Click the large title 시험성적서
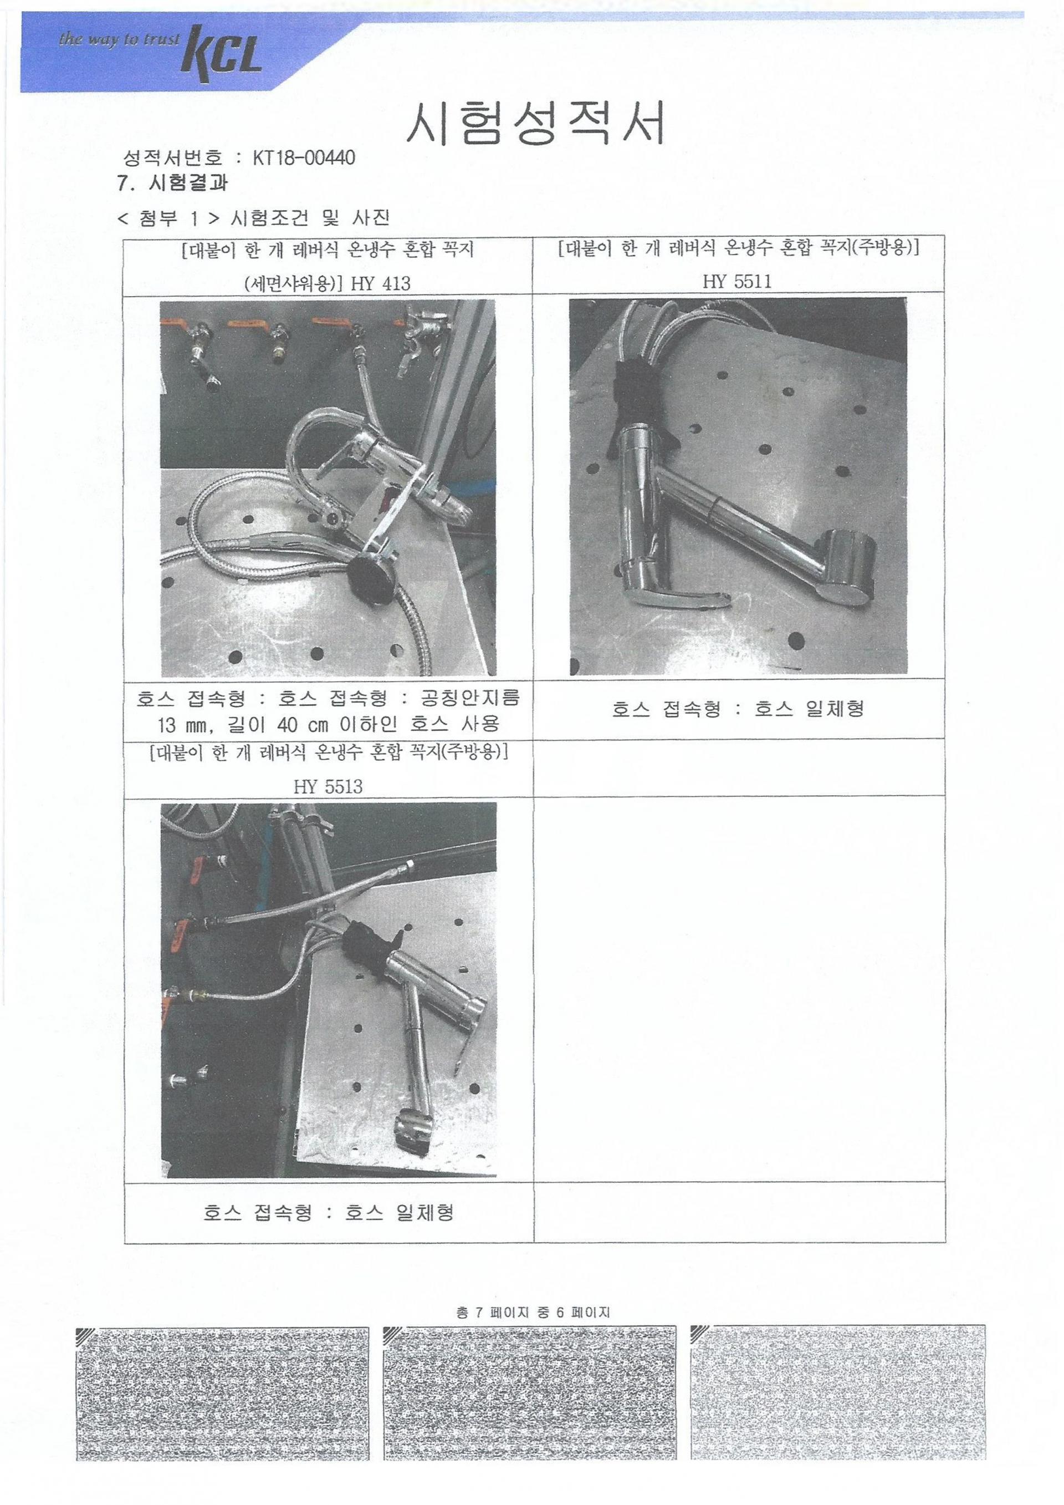(x=535, y=123)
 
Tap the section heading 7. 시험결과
(x=172, y=183)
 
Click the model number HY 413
(x=381, y=283)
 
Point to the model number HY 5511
(x=737, y=282)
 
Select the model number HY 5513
(x=328, y=786)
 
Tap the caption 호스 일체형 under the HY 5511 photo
(x=809, y=709)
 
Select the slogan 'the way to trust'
(x=119, y=40)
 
